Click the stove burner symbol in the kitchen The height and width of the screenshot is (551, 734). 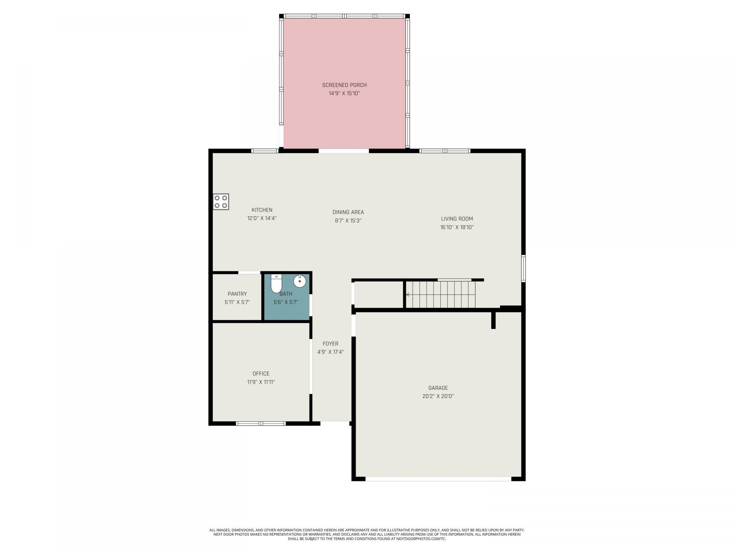(x=221, y=202)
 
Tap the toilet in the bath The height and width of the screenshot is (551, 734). (x=276, y=283)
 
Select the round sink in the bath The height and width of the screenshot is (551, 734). (x=300, y=281)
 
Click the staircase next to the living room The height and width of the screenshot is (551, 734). (x=440, y=294)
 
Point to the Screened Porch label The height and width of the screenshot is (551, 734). (x=344, y=85)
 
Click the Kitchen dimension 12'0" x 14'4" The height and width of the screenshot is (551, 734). (x=262, y=218)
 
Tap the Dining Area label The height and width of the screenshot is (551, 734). (x=348, y=212)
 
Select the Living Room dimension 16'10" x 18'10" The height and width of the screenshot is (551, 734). (x=457, y=227)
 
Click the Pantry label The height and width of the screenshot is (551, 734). (x=237, y=294)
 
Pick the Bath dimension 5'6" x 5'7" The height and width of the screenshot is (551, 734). (x=286, y=302)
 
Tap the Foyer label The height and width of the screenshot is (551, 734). (x=330, y=344)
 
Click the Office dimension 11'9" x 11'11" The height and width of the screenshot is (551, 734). (x=261, y=382)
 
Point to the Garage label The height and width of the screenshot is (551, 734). (x=438, y=388)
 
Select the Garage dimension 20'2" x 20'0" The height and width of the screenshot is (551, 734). (x=438, y=396)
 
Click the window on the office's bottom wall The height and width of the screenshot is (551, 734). (x=261, y=424)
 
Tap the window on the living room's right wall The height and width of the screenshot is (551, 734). (x=523, y=268)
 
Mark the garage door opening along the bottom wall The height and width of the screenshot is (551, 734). (x=438, y=479)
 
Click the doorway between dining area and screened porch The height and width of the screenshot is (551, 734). (x=344, y=151)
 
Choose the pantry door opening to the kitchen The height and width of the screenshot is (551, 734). (x=249, y=272)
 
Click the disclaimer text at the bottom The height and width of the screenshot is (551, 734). (x=367, y=535)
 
